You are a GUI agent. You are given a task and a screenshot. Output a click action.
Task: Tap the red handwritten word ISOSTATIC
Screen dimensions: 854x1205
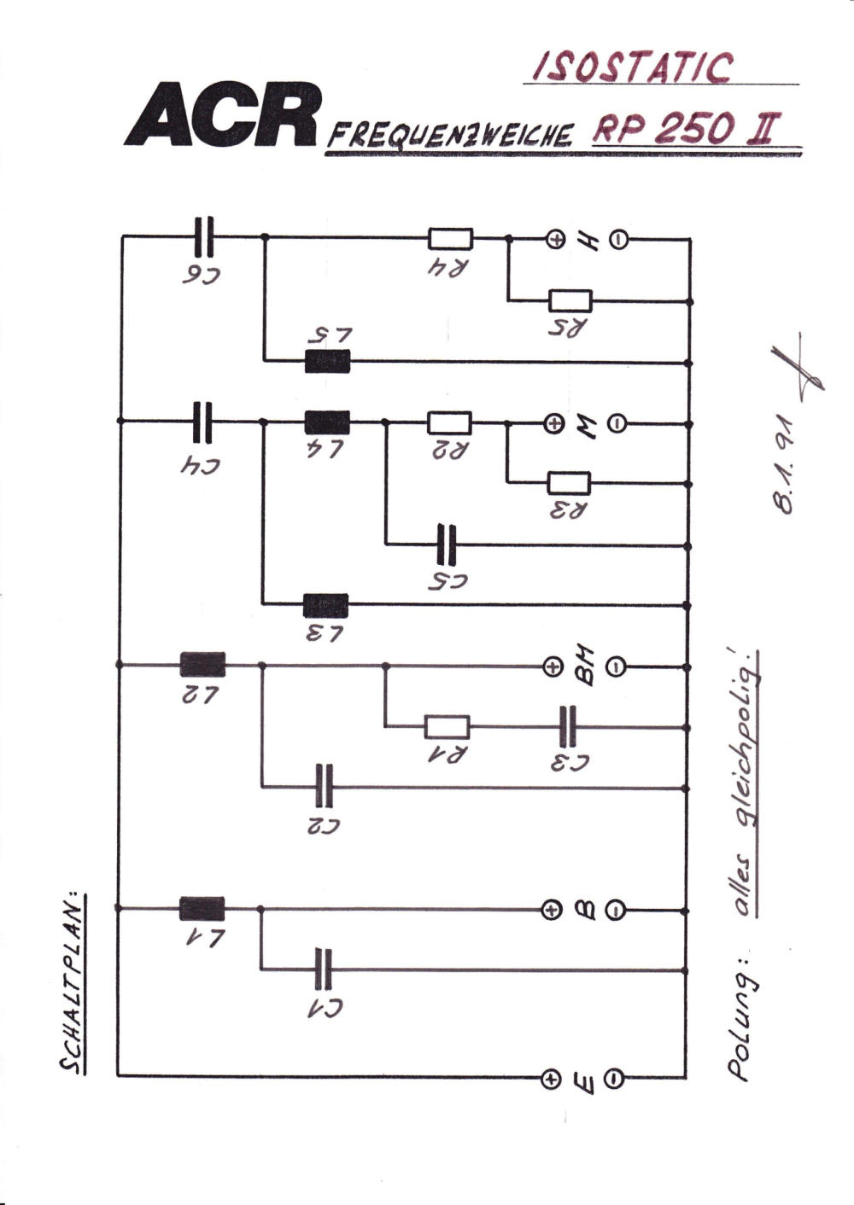coord(633,67)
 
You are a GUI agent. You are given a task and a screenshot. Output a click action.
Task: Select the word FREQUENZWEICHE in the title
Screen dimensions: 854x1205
coord(449,136)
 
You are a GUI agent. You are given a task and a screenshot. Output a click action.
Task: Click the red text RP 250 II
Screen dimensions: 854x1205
coord(684,129)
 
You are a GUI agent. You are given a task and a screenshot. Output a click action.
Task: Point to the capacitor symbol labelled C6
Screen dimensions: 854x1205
coord(203,236)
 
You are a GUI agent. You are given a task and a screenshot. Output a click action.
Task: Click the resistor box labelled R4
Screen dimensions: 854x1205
coord(450,239)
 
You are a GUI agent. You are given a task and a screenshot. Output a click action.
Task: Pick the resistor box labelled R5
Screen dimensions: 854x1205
coord(570,301)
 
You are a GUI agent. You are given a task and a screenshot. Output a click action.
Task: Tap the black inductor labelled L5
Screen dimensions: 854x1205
coord(327,362)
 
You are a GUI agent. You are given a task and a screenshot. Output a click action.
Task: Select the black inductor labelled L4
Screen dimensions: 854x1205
coord(327,422)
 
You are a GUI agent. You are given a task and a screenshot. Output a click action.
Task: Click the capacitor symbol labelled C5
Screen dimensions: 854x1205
coord(447,545)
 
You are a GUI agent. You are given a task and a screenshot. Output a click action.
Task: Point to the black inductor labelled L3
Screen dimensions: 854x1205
coord(325,606)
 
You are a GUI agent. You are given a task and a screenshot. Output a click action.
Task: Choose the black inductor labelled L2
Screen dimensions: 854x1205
coord(202,664)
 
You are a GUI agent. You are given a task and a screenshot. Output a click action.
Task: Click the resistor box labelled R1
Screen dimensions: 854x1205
coord(447,727)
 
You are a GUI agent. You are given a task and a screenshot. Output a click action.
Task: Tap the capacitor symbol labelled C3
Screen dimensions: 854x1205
coord(568,726)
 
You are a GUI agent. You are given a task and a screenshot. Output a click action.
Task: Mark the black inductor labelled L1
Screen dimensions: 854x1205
coord(202,909)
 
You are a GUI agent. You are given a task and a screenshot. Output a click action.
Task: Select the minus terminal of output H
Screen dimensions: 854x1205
coord(618,240)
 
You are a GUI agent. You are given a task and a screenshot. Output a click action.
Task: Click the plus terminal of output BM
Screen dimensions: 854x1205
coord(552,667)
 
